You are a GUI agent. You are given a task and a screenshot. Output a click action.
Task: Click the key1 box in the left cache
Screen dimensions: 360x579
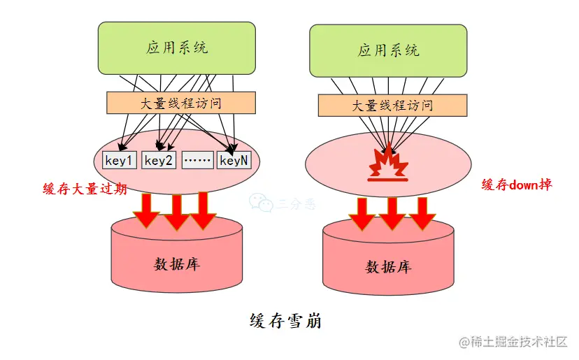(x=120, y=160)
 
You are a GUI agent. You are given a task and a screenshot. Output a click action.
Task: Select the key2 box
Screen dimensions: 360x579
(x=159, y=160)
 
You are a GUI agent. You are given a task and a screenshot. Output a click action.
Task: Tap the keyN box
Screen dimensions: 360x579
(x=234, y=160)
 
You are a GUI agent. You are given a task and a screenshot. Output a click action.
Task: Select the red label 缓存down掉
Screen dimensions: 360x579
(x=517, y=185)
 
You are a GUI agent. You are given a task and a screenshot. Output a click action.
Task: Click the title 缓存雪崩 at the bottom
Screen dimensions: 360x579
(x=285, y=321)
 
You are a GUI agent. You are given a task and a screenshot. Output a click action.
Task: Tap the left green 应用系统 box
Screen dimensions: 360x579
(x=177, y=48)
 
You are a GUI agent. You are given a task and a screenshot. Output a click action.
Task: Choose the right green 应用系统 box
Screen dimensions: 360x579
(x=388, y=50)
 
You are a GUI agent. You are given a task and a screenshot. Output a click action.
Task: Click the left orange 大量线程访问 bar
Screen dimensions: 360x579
(x=180, y=103)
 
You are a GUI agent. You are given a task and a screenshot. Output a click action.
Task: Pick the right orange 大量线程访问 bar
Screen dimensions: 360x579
(x=392, y=106)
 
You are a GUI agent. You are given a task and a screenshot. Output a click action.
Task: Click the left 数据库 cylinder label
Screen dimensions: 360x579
(x=177, y=264)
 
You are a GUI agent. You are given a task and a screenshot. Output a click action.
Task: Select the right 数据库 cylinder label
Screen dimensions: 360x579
(x=388, y=266)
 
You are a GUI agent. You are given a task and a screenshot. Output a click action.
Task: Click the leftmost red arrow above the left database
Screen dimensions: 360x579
(x=147, y=210)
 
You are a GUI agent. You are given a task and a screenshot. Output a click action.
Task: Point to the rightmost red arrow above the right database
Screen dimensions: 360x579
(x=422, y=213)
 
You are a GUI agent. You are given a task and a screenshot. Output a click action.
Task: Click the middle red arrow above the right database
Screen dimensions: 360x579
(x=392, y=213)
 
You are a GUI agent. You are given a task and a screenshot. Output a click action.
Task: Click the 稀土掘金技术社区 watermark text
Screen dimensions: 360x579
(x=520, y=342)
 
